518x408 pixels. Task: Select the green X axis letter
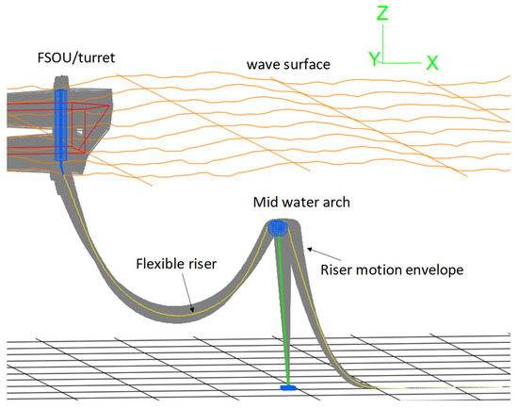coord(432,62)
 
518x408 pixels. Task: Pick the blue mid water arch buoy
coord(278,228)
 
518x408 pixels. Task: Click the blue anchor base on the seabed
coord(289,386)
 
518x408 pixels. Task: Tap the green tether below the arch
coord(283,311)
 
